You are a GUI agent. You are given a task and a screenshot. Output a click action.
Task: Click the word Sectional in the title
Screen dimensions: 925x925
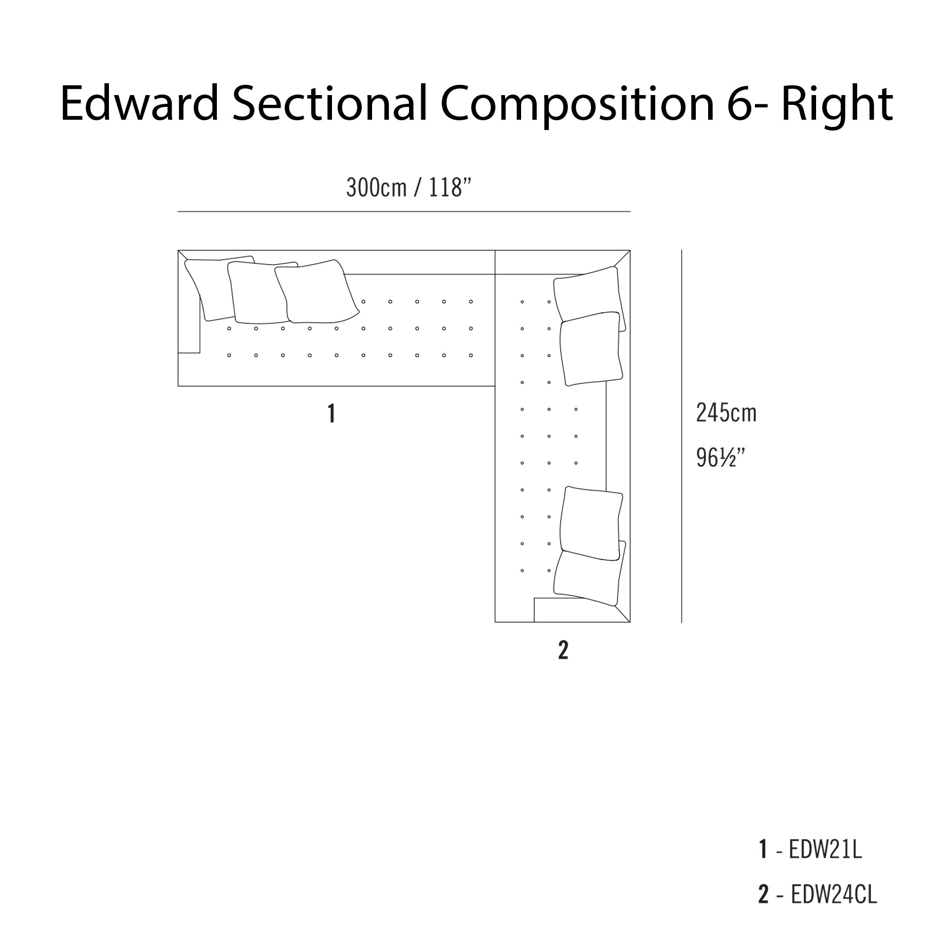pos(329,104)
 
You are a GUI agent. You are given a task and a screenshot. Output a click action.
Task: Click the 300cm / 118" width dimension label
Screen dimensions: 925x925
pos(409,188)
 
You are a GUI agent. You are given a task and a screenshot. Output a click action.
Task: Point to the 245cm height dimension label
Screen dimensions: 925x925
pos(726,413)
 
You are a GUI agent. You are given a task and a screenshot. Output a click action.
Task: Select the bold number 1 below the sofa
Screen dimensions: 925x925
pos(331,413)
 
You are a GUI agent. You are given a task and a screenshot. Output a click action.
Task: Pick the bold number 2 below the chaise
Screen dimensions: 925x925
pos(563,650)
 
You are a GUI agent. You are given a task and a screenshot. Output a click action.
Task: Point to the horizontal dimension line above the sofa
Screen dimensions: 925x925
pos(404,211)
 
